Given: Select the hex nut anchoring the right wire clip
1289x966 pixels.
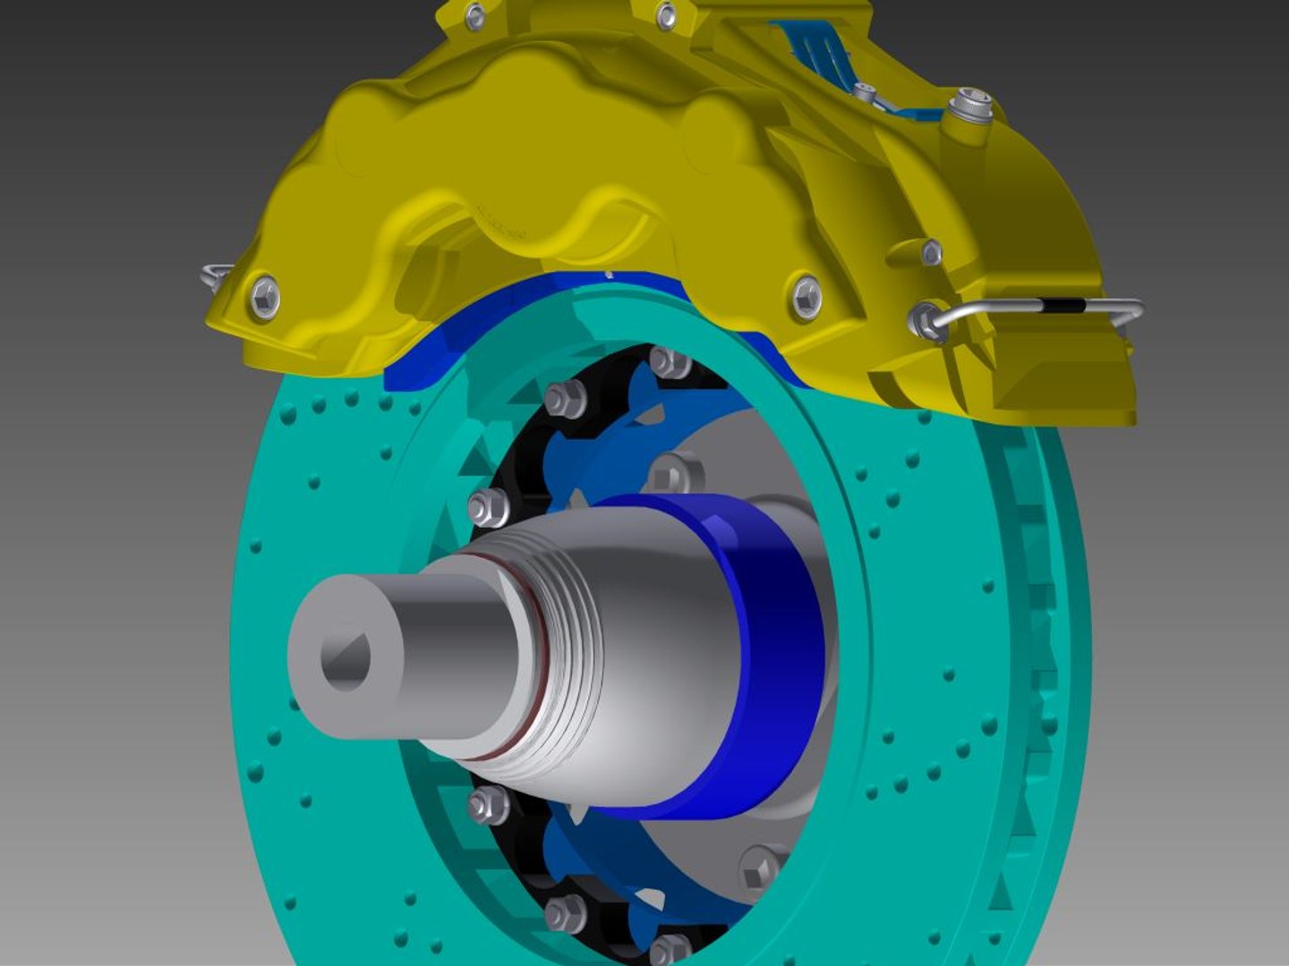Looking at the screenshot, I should (x=926, y=320).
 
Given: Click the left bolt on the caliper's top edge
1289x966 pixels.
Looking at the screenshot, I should (x=475, y=15).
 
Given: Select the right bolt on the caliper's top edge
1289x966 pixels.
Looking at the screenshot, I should (x=667, y=15).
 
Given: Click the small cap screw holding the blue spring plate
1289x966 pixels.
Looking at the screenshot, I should (x=864, y=92).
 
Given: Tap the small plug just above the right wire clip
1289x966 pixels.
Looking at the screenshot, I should (x=931, y=251).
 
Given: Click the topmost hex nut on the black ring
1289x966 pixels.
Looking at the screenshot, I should (x=670, y=362).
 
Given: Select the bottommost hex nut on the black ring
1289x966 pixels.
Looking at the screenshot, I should (x=668, y=948).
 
